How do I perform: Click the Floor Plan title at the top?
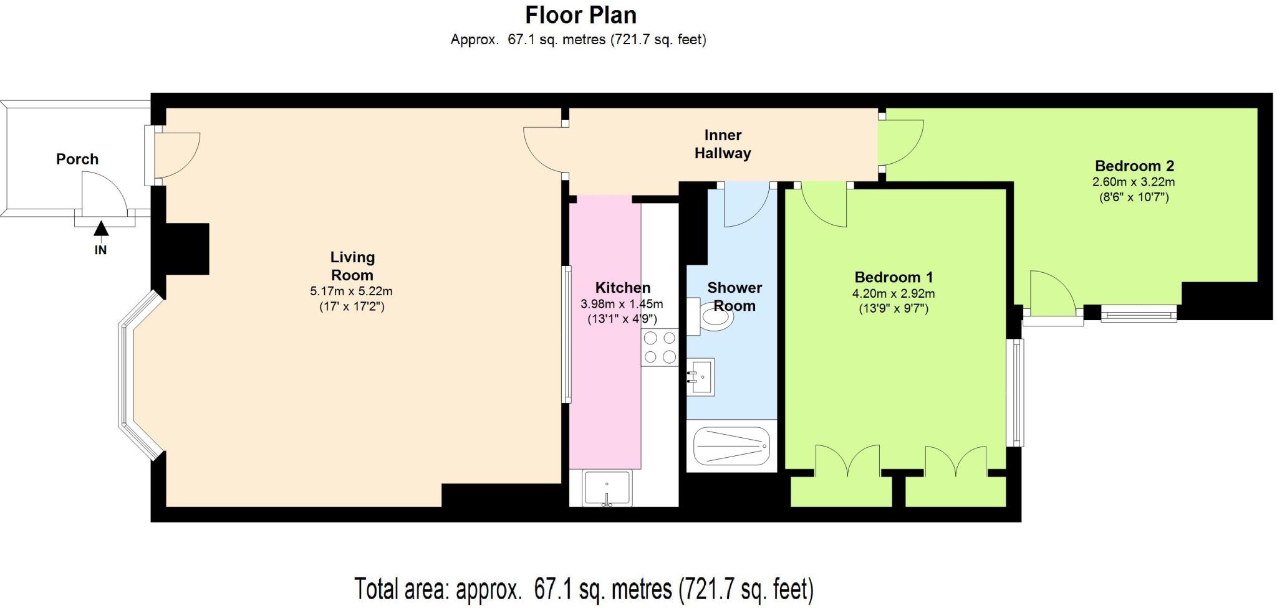click(581, 15)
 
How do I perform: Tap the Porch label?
click(77, 159)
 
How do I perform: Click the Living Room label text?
click(352, 266)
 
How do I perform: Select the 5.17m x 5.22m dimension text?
click(351, 291)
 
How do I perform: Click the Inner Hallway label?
click(723, 144)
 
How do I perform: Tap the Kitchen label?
click(622, 287)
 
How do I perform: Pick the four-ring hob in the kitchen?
click(660, 347)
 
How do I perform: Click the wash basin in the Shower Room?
click(701, 376)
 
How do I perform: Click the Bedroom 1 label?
click(894, 277)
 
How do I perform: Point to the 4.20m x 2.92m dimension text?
click(894, 293)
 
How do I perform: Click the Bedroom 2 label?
click(1134, 166)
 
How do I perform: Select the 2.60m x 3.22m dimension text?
click(1134, 182)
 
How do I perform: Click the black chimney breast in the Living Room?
click(186, 249)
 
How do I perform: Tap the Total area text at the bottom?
click(584, 589)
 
